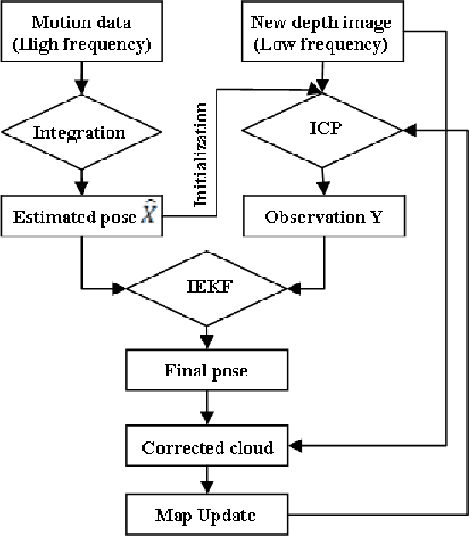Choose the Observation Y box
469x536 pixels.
[x=323, y=217]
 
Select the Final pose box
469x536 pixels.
[x=206, y=372]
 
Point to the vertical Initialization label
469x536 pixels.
[x=202, y=155]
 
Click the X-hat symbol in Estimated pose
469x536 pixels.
[x=149, y=215]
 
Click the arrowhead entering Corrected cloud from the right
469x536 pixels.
[x=292, y=446]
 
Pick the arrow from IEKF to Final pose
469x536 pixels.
[x=205, y=338]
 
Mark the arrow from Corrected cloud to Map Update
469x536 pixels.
[x=205, y=482]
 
